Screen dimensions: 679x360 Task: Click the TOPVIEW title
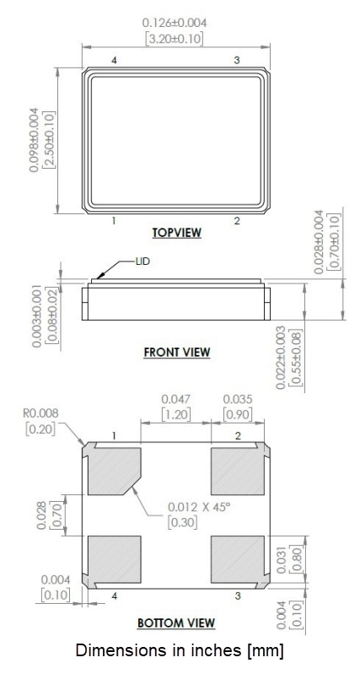coord(176,233)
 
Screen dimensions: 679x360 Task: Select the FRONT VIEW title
coord(176,353)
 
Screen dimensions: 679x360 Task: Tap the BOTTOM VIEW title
coord(176,622)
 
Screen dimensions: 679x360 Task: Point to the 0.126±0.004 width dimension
coord(176,22)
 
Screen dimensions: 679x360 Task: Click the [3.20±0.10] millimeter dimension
coord(176,38)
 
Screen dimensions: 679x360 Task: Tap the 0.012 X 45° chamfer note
coord(199,506)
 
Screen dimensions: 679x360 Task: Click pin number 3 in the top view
coord(236,60)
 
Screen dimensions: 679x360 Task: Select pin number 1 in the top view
coord(114,221)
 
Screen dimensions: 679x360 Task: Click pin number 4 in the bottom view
coord(114,595)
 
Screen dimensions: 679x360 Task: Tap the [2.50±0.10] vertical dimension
coord(48,139)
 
